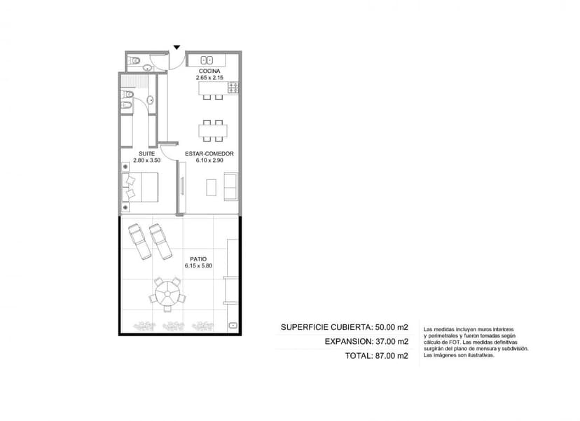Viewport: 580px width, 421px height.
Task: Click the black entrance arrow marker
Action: [177, 48]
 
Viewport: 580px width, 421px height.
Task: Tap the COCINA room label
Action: [209, 71]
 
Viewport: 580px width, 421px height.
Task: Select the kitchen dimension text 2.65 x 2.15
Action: [209, 78]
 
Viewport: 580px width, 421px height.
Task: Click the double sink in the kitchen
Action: [207, 60]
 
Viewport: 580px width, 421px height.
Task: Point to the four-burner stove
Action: [233, 88]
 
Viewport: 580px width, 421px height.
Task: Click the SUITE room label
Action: [147, 153]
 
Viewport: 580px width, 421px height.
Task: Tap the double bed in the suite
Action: [140, 187]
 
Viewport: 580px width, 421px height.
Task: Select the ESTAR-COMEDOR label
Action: [209, 153]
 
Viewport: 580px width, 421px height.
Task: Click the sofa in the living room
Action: [230, 187]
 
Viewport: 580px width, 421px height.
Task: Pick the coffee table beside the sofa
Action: [212, 188]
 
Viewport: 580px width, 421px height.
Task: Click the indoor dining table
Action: [213, 131]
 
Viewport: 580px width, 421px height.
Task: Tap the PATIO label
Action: [198, 259]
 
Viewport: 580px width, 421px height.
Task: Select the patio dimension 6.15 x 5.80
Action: [198, 265]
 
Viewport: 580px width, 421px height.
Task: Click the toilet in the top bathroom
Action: [134, 60]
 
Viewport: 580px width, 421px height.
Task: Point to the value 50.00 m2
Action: [392, 327]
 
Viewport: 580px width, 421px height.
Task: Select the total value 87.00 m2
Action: [392, 356]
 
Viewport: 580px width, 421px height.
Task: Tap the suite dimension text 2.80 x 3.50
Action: [147, 160]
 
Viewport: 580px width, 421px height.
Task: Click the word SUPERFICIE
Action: [304, 327]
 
